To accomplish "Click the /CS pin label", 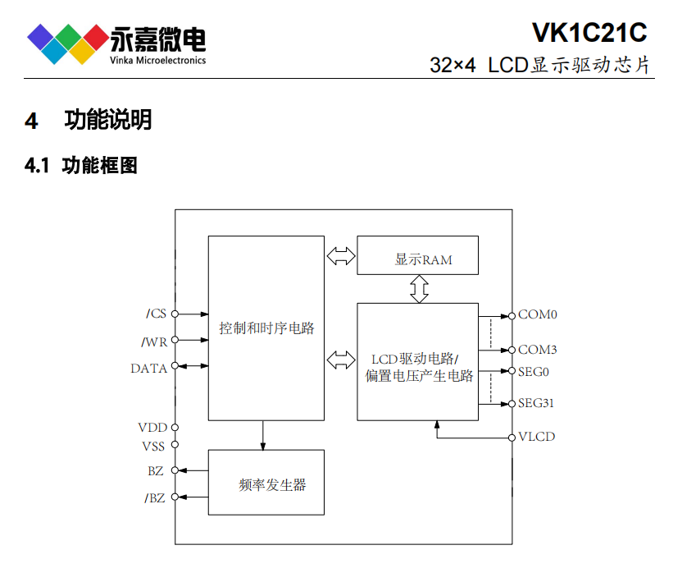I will click(x=156, y=314).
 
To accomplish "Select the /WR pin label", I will click(x=154, y=341).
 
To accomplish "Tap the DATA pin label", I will click(x=148, y=368).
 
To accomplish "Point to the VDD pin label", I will click(x=152, y=428).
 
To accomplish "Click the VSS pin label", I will click(x=152, y=447).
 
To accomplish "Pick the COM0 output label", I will click(x=538, y=314).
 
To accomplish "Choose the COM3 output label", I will click(x=538, y=350).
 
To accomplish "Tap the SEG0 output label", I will click(x=534, y=371).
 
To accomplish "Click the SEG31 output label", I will click(x=537, y=403).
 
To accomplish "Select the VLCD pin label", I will click(x=536, y=436).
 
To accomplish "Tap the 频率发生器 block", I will click(x=266, y=483).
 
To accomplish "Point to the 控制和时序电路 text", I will click(x=266, y=328).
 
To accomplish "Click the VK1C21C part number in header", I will click(x=589, y=32).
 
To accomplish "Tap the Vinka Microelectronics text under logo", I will click(x=157, y=60).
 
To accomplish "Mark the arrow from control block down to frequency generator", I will click(x=263, y=435).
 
